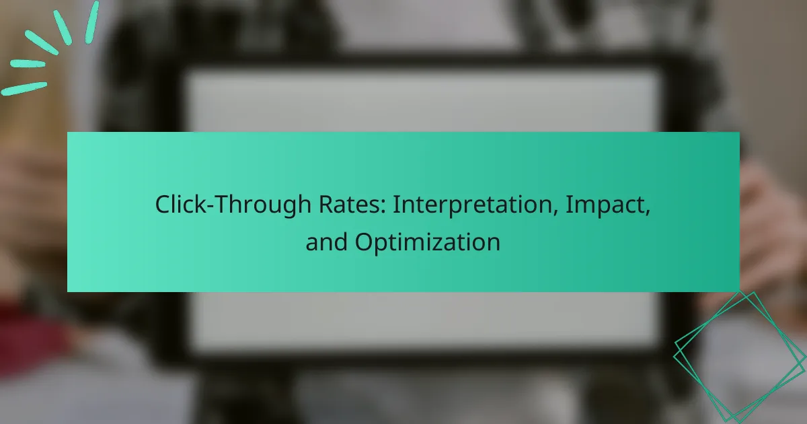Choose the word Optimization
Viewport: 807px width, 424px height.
click(427, 242)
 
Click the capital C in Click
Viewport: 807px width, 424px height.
click(163, 205)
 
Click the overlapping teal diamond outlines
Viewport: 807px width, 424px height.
click(740, 357)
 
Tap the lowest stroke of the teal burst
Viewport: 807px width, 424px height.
click(24, 88)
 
